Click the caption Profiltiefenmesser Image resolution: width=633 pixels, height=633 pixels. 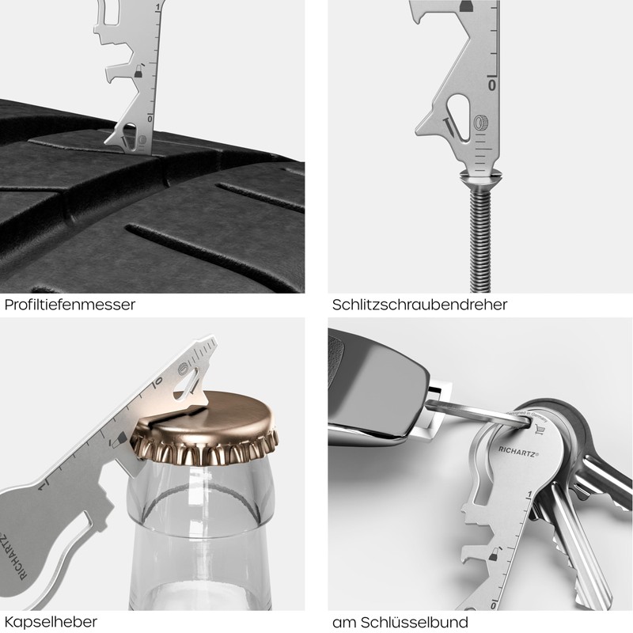click(70, 305)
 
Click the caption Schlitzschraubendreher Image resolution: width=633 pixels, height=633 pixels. click(419, 305)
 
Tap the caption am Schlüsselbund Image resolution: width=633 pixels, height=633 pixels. click(400, 621)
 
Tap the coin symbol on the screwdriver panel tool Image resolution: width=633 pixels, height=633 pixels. click(480, 123)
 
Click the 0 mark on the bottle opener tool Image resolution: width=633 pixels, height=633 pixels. click(158, 381)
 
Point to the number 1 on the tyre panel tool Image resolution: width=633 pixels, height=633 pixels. click(159, 7)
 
